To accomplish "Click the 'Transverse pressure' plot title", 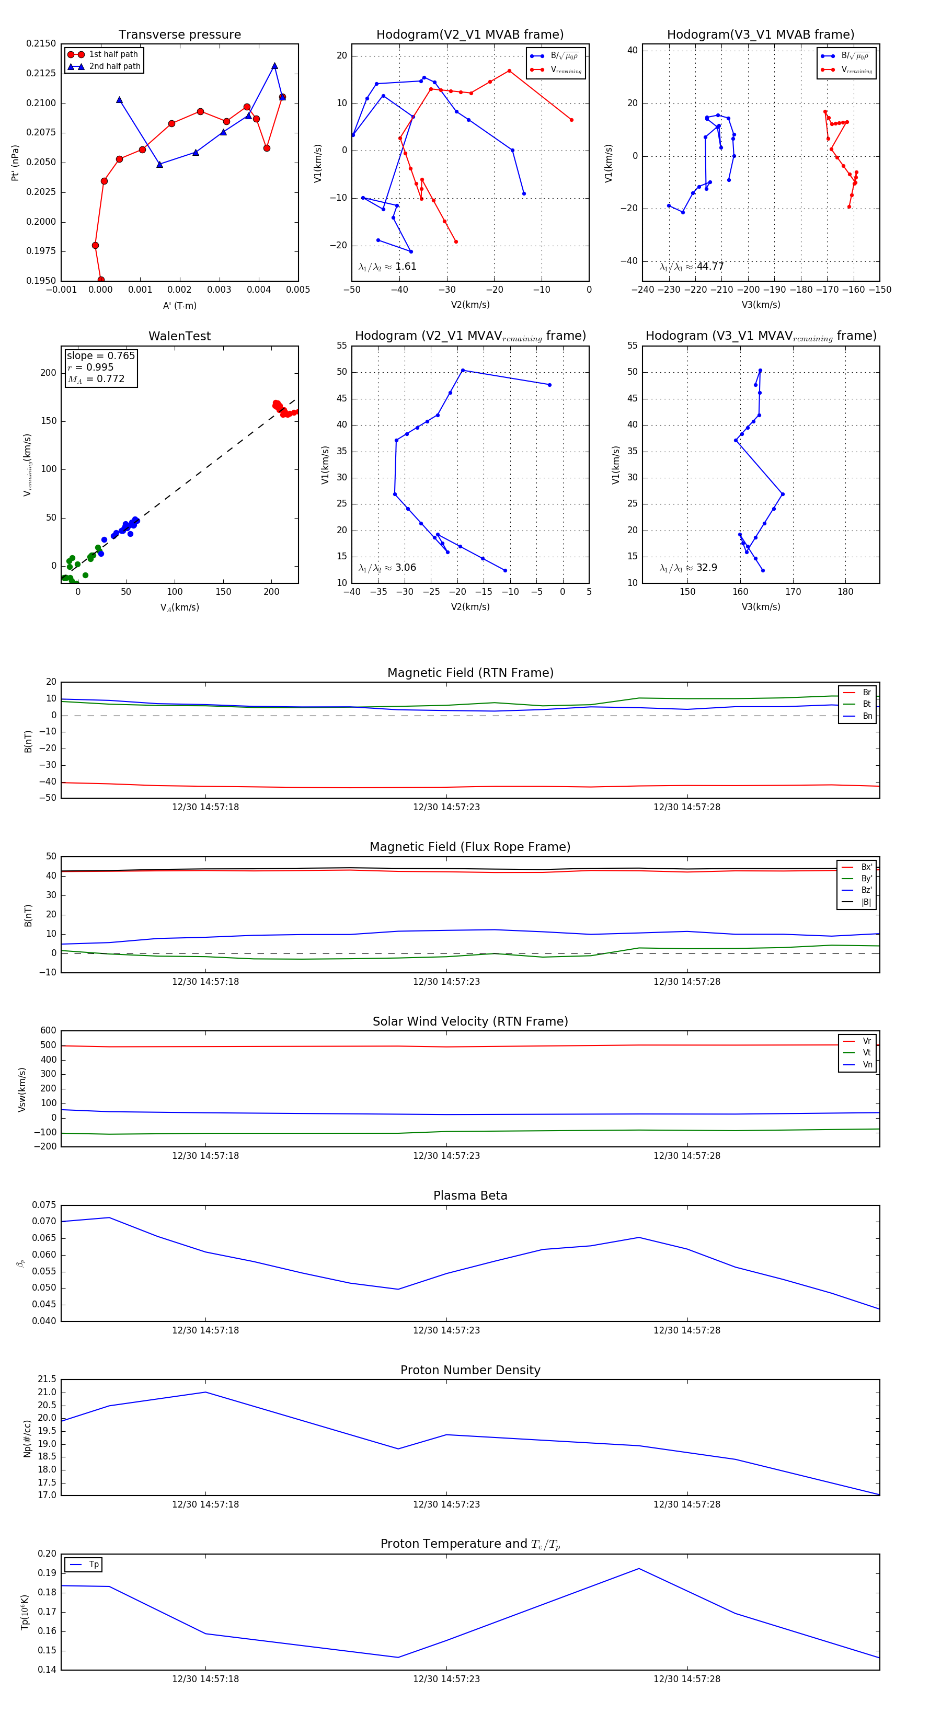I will [x=179, y=35].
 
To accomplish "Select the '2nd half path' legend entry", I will [x=114, y=66].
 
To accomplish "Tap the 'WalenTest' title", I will [x=179, y=336].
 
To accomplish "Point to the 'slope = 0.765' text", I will [x=100, y=355].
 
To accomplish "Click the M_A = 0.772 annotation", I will [x=96, y=379].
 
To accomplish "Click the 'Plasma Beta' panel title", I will [x=470, y=1195].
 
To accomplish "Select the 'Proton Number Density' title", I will [x=470, y=1370].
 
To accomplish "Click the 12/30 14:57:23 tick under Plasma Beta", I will [x=446, y=1330].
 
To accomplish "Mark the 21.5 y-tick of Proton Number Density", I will [x=47, y=1379].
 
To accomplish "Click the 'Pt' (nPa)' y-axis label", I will [x=15, y=163].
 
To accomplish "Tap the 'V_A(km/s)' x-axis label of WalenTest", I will [x=179, y=607].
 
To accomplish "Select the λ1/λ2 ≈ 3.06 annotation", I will [x=387, y=568].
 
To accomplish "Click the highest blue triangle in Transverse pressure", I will [x=274, y=66].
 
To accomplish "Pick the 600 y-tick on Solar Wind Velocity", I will [x=48, y=1031].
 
